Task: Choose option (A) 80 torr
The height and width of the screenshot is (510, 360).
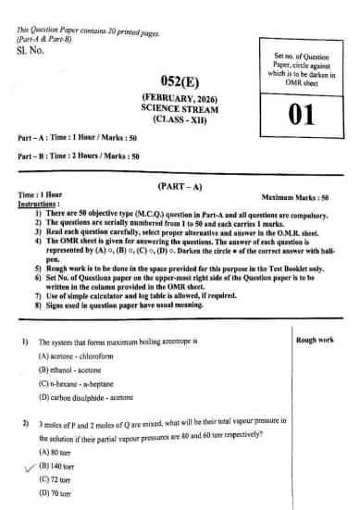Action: (x=56, y=452)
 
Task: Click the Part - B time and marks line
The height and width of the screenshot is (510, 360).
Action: (x=79, y=156)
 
